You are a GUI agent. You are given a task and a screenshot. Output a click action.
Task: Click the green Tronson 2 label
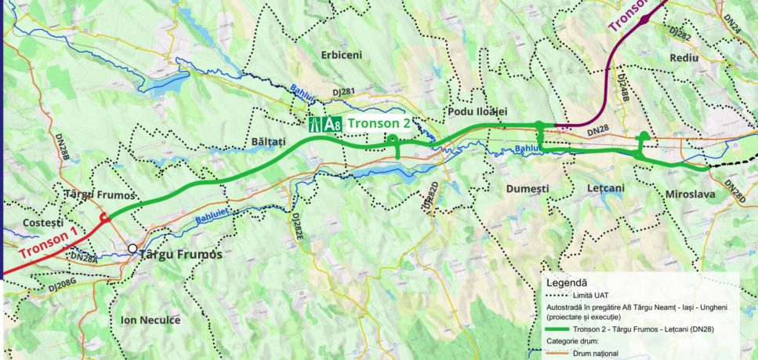pos(379,123)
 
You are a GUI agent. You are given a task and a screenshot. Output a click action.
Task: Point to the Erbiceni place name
pos(342,55)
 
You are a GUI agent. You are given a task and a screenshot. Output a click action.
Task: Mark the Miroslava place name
pos(691,193)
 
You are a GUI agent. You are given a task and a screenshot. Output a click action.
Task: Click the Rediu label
pos(690,59)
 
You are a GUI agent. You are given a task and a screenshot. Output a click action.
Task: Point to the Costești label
pos(26,224)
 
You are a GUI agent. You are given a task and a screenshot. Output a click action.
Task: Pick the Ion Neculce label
pos(151,320)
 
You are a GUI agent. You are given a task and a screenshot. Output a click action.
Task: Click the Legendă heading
pos(567,282)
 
